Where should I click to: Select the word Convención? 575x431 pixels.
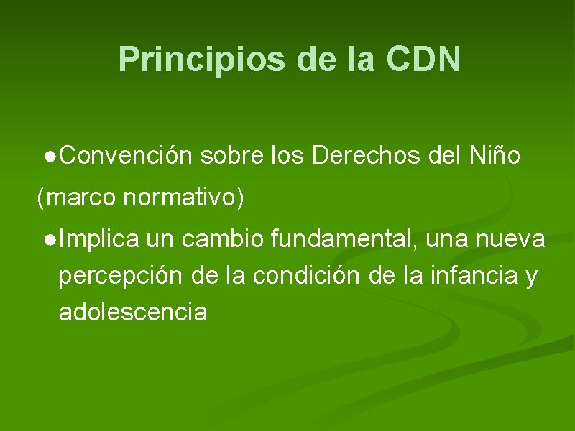[126, 155]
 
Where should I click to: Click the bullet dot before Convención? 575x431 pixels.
[47, 156]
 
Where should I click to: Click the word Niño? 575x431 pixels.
[494, 155]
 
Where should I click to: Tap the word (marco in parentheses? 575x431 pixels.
[76, 197]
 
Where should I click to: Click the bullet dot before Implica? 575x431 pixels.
[47, 239]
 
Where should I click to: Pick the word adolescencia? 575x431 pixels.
[133, 312]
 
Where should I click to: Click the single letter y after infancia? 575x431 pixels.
[531, 277]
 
